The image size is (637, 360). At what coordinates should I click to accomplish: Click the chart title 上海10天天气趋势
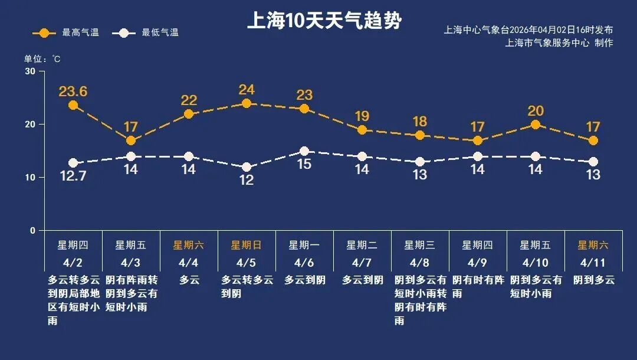coord(324,21)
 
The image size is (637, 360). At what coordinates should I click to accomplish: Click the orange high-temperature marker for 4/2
coord(73,105)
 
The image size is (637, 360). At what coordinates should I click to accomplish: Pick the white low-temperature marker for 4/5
coord(247,167)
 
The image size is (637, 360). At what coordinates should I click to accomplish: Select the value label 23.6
coord(73,91)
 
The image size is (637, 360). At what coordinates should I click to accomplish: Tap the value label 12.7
coord(73,176)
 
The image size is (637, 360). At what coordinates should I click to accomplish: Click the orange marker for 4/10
coord(536,125)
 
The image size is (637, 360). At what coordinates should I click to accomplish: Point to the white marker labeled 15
coord(304,151)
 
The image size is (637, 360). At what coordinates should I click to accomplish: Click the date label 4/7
coord(362,263)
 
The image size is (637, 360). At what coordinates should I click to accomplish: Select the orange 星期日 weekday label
coord(246,245)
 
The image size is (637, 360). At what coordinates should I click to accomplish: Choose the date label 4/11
coord(593,263)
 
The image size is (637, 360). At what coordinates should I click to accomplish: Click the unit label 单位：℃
coord(42,59)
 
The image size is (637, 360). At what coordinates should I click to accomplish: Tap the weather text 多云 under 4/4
coord(189,280)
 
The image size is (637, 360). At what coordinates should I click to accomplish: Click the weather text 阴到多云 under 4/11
coord(594,280)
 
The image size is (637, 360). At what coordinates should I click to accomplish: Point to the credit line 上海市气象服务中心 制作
coord(559,43)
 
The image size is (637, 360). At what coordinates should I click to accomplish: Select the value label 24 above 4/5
coord(247,90)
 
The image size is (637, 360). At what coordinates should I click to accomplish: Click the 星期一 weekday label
coord(304,245)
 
